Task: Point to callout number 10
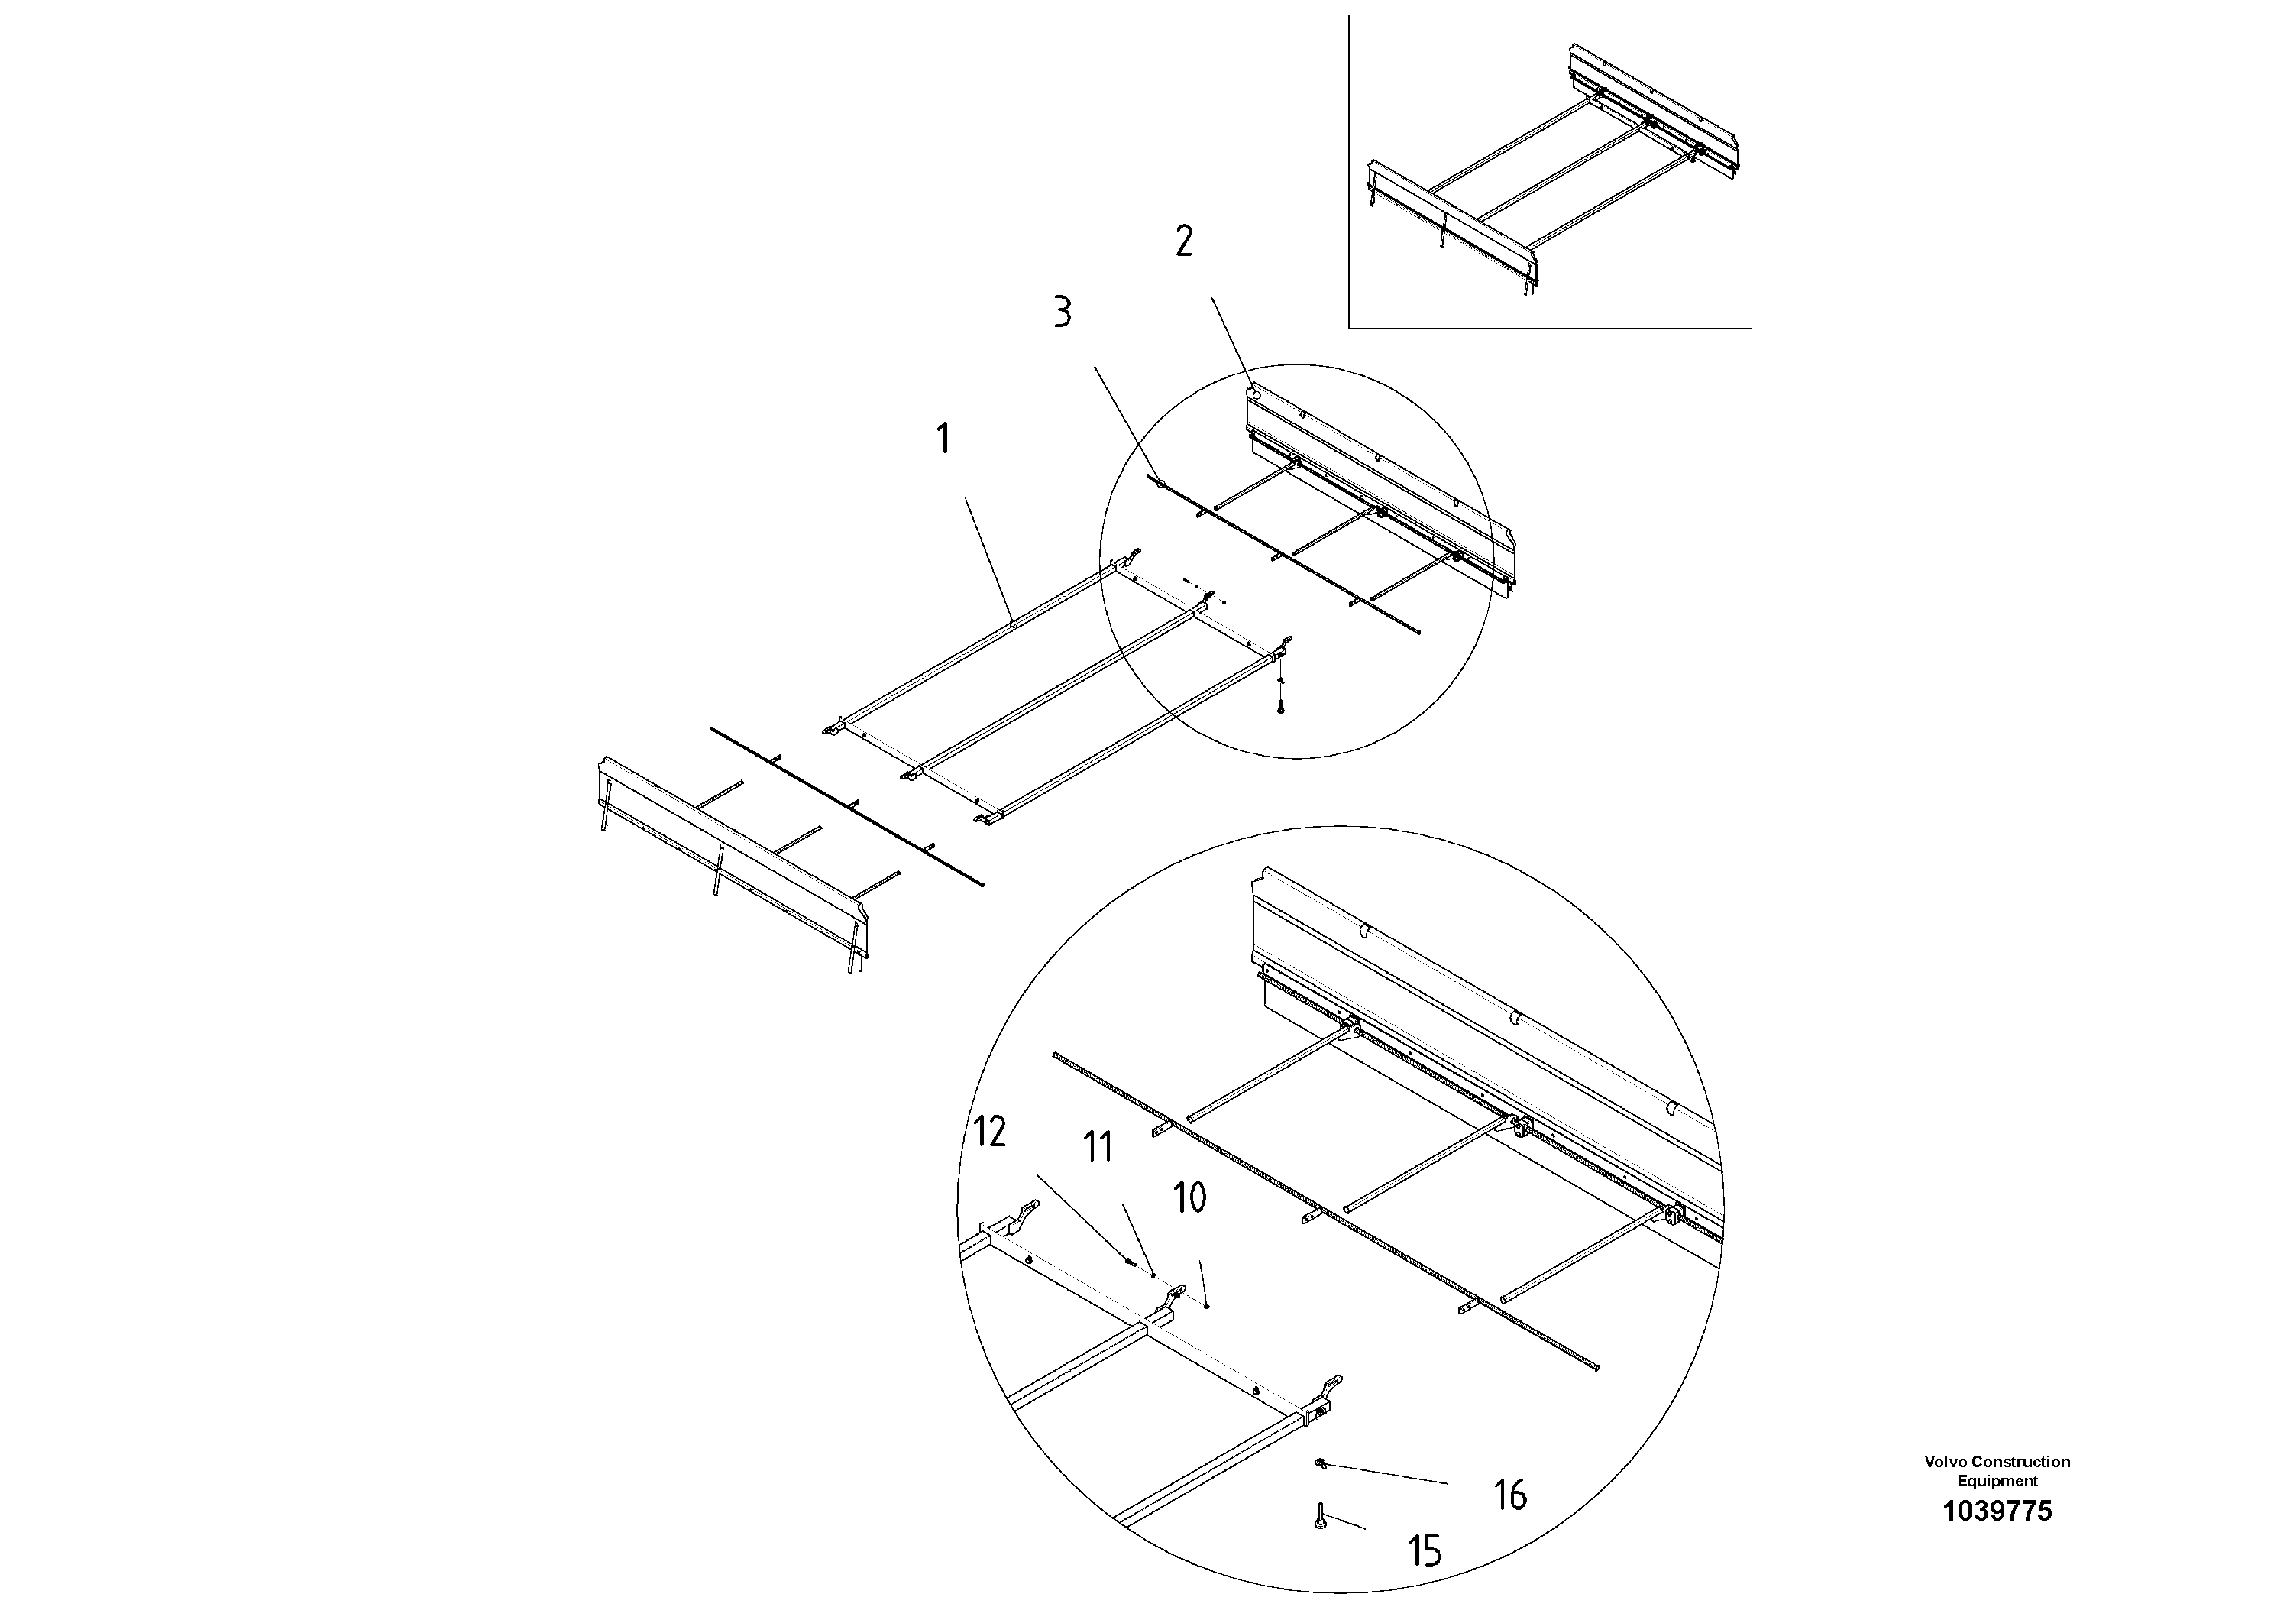[1189, 1198]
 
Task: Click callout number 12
[989, 1132]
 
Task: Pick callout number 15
[1425, 1551]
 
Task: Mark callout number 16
[1509, 1495]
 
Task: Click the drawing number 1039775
[1997, 1512]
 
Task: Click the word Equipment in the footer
[1997, 1481]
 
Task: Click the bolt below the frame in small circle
[1281, 708]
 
